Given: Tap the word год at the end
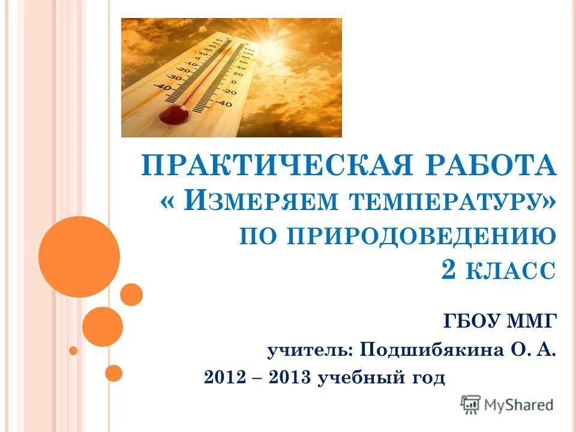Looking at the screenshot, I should coord(427,379).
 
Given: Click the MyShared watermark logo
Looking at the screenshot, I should coord(508,404).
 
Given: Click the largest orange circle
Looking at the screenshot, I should coord(79,257).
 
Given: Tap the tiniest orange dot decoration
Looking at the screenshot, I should coord(73,350).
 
